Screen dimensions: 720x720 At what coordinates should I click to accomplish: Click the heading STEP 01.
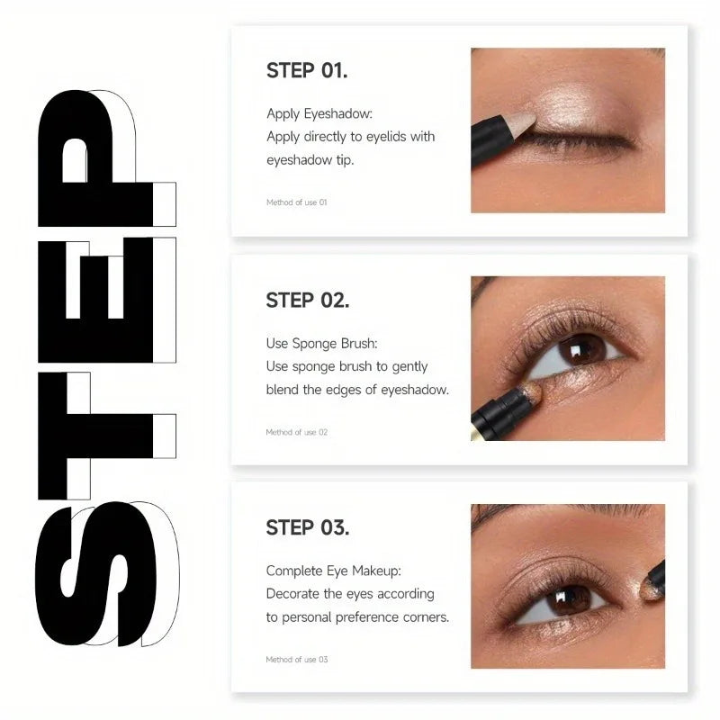pos(307,71)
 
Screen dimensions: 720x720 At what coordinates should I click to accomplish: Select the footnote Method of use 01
pos(296,202)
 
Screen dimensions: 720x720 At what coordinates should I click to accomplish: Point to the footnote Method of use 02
pos(296,432)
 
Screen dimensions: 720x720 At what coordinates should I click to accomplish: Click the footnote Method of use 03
pos(296,660)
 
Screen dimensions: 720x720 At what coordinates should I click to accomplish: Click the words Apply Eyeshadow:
pos(319,113)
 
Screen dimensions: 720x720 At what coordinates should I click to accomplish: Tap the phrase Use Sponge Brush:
pos(322,343)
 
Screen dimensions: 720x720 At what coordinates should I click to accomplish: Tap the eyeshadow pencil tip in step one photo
pos(524,118)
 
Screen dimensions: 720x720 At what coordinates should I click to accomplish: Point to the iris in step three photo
pos(570,598)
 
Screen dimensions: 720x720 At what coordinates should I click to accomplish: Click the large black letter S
pos(94,576)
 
